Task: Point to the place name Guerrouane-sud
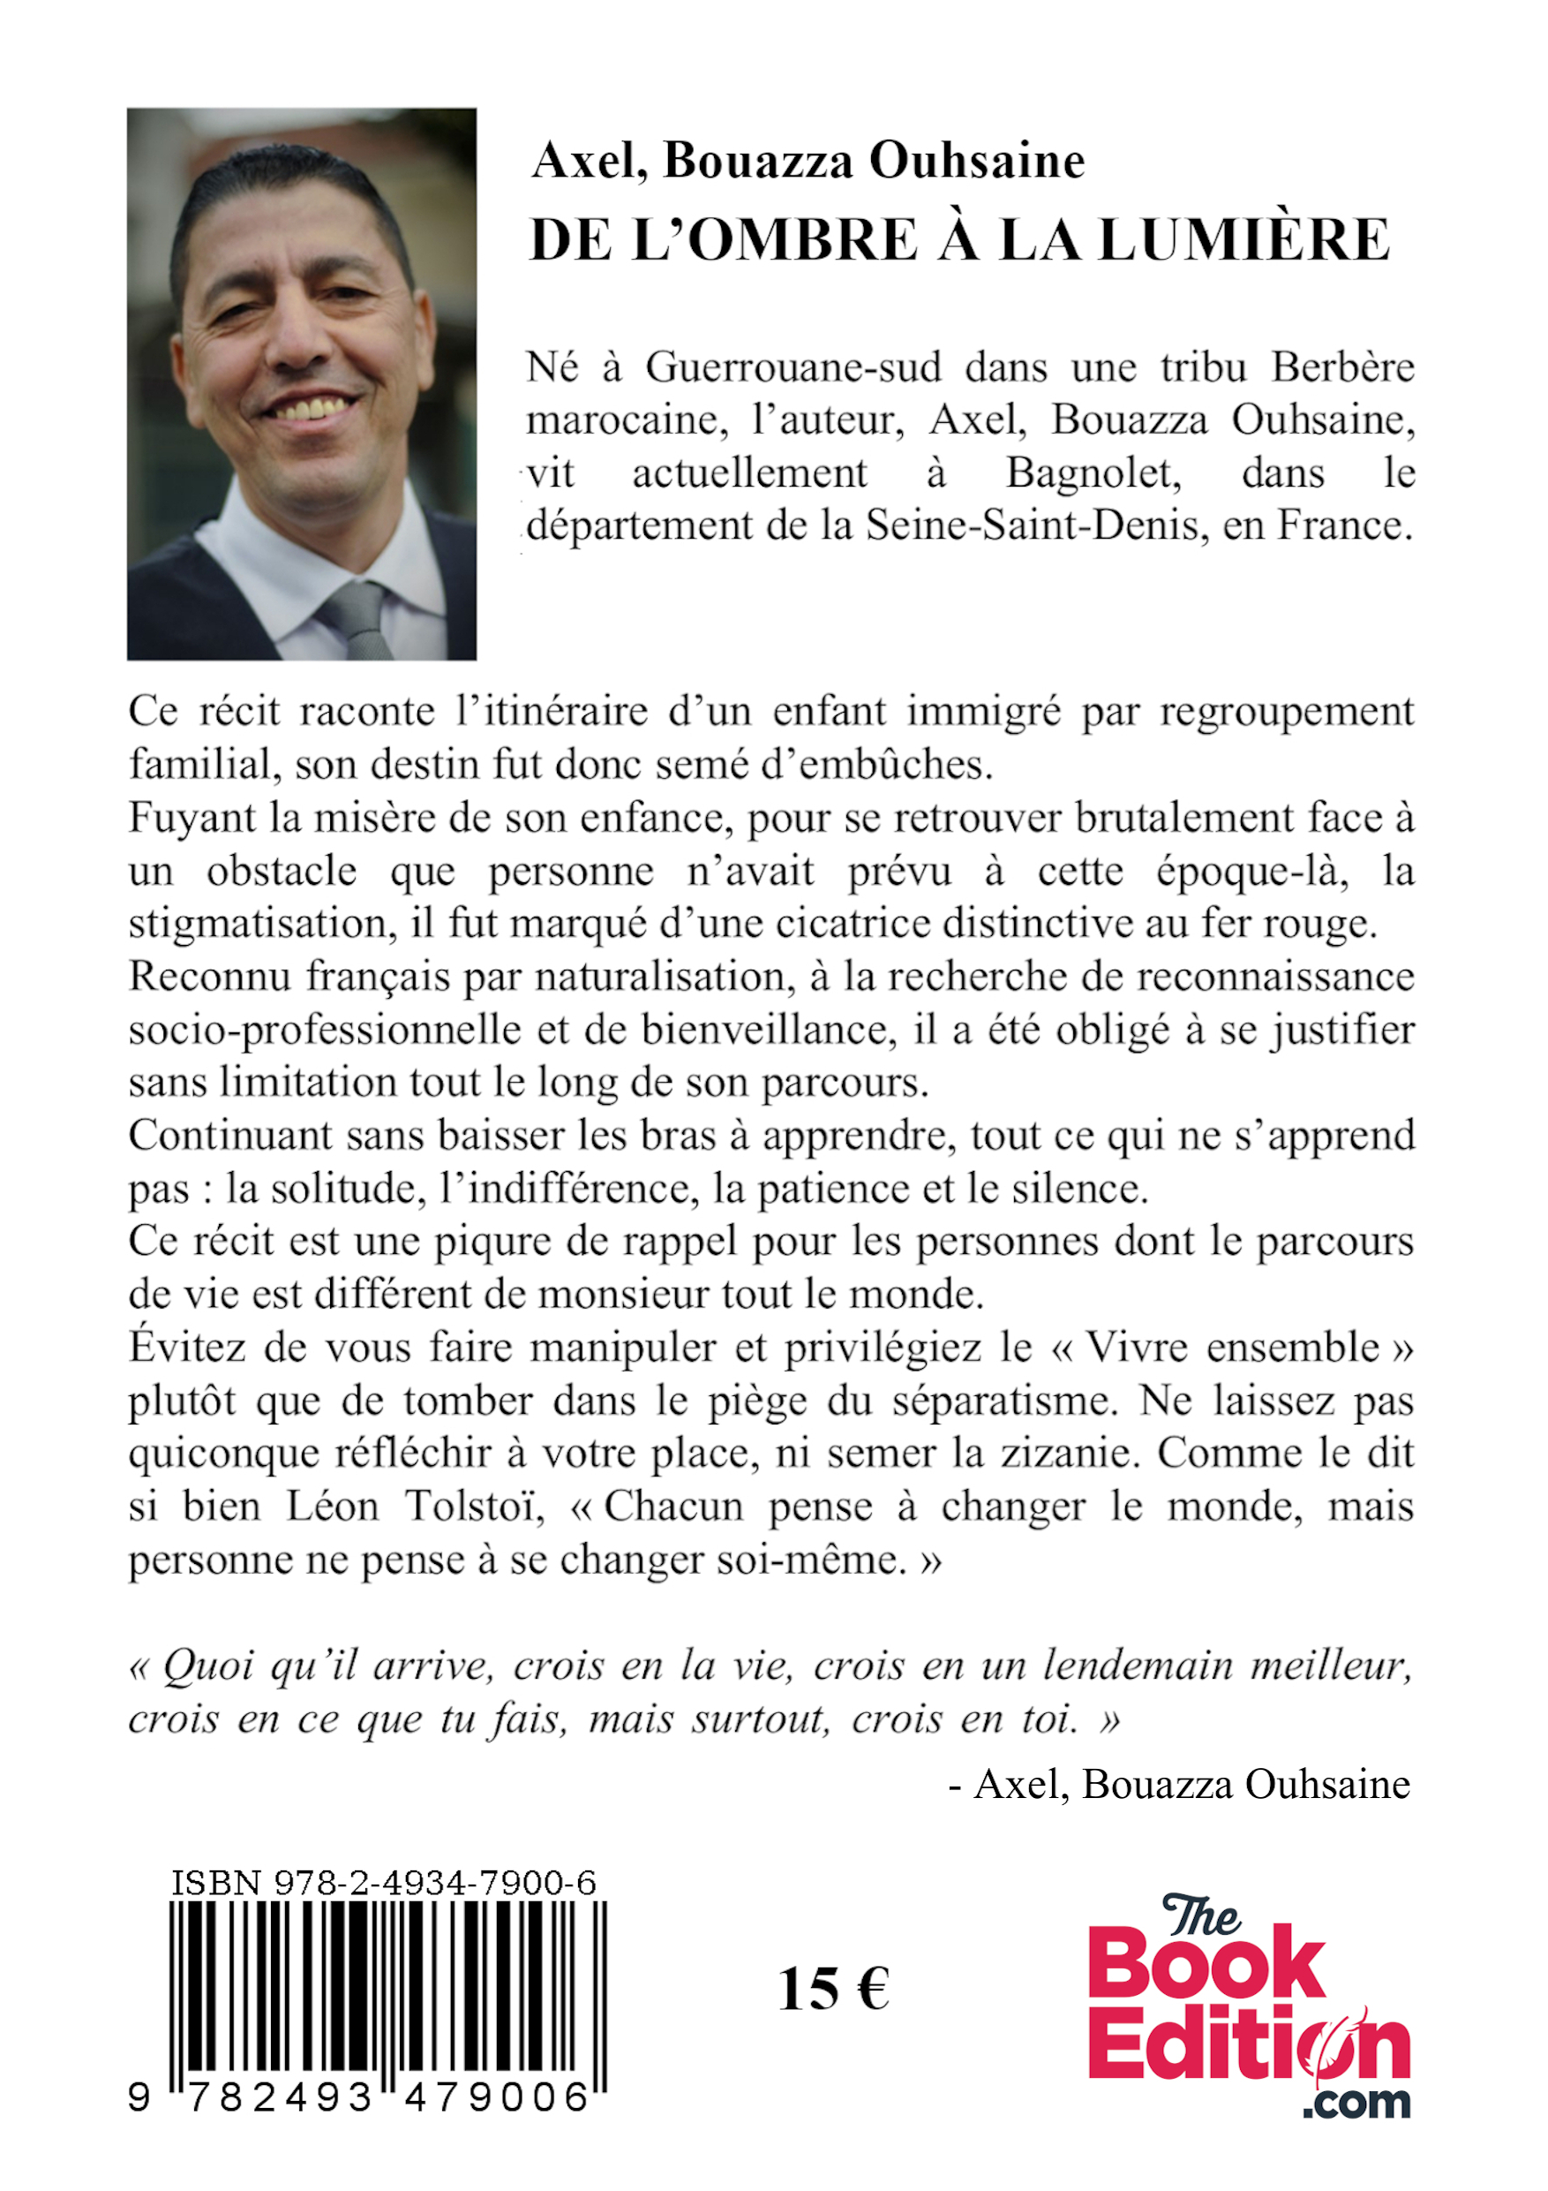coord(793,367)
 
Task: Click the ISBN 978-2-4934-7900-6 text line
coord(383,1883)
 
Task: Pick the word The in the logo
coord(1200,1916)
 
